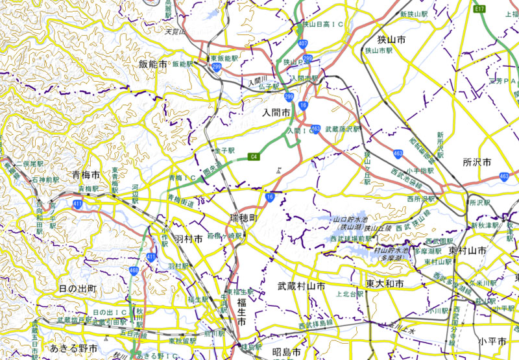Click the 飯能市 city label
(153, 64)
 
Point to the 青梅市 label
(86, 175)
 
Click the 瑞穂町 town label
(243, 215)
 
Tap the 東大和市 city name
(384, 284)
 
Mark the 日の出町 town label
(77, 288)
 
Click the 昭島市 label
(285, 352)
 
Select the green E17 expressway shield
(480, 9)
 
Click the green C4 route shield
(255, 156)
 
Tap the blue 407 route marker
(304, 43)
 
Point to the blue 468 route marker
(134, 269)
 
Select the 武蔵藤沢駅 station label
(342, 130)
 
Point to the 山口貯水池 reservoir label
(350, 219)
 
